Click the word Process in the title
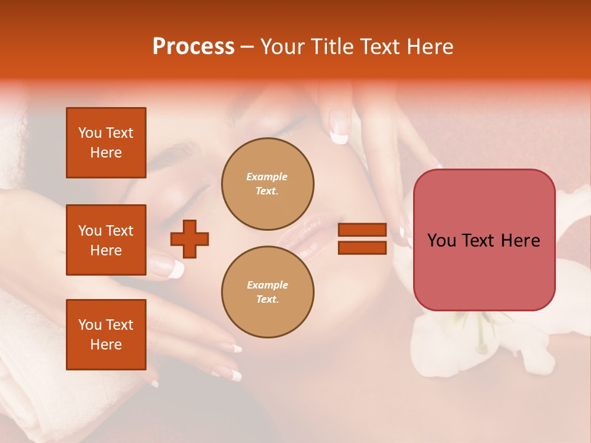pyautogui.click(x=193, y=47)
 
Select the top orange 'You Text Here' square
pyautogui.click(x=106, y=143)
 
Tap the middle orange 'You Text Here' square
pyautogui.click(x=106, y=240)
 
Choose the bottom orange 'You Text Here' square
pyautogui.click(x=106, y=335)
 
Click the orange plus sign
pyautogui.click(x=190, y=239)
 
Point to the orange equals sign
pyautogui.click(x=362, y=239)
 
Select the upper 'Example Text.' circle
pyautogui.click(x=267, y=184)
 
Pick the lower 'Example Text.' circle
pyautogui.click(x=267, y=292)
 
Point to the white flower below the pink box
pyautogui.click(x=468, y=345)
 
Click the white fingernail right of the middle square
pyautogui.click(x=175, y=268)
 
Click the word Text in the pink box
pyautogui.click(x=483, y=241)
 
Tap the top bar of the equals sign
pyautogui.click(x=362, y=230)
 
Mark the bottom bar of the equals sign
pyautogui.click(x=362, y=247)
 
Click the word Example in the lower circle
pyautogui.click(x=267, y=285)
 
